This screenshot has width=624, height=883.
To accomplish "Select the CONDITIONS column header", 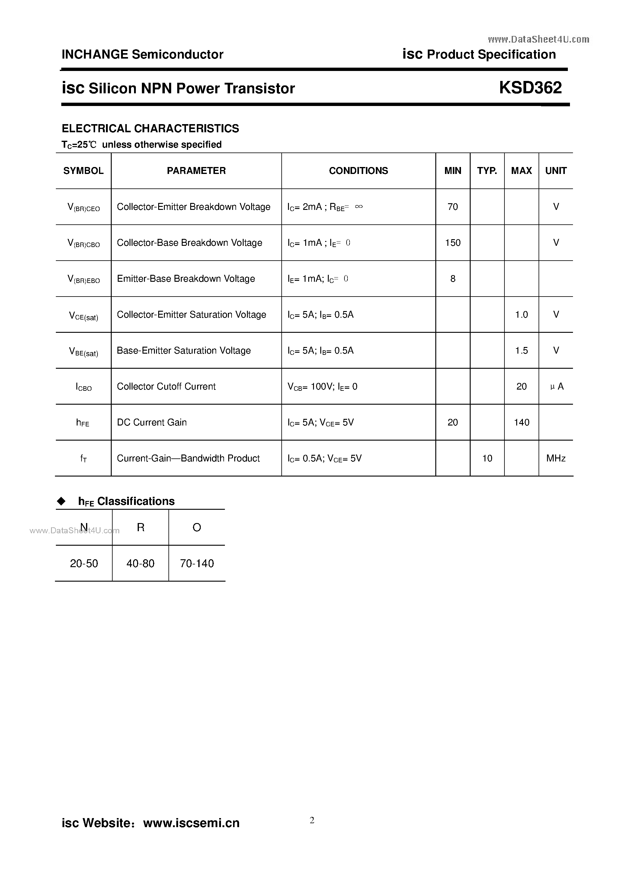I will pos(358,171).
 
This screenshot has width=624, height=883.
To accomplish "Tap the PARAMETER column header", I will pos(196,171).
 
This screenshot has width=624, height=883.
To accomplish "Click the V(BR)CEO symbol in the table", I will pos(83,207).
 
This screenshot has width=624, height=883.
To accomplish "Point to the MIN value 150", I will pos(453,243).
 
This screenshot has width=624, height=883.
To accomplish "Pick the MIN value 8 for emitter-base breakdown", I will pos(453,279).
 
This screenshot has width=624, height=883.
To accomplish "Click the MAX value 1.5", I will pos(521,350).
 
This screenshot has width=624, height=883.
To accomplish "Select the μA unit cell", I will pos(556,387).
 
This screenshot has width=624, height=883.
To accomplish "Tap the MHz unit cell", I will pos(556,458).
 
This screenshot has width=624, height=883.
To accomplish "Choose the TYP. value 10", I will pos(487,458).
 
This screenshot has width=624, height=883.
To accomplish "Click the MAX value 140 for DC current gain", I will pos(521,422).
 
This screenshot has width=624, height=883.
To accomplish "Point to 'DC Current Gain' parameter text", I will pos(152,422).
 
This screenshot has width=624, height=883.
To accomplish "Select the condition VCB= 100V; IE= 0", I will pos(322,387).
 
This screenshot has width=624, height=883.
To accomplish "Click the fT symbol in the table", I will pos(83,458).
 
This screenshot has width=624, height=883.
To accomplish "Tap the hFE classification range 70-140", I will pos(197,564).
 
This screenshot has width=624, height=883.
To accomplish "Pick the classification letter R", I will pos(141,527).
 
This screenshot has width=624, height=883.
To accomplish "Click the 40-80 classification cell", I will pos(140,564).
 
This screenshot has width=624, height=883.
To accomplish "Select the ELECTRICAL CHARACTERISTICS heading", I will pos(150,128).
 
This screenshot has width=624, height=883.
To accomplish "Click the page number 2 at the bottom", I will pos(312,820).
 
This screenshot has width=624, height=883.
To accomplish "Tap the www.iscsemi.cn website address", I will pos(191,823).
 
